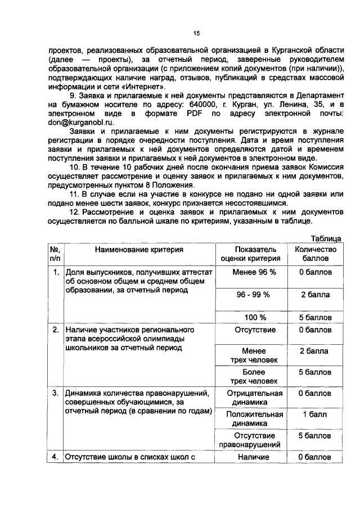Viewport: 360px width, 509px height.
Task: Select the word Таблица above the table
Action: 326,238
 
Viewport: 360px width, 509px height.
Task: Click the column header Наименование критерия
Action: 138,249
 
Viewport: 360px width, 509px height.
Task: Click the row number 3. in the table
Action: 55,394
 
